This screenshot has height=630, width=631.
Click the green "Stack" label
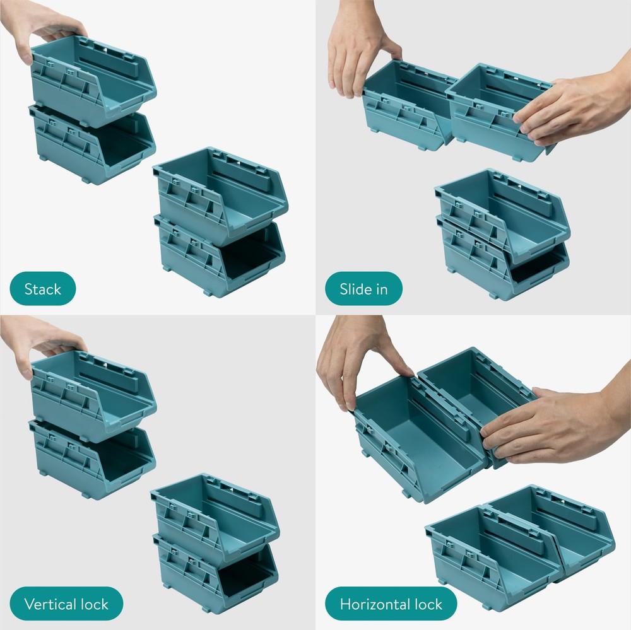(x=43, y=289)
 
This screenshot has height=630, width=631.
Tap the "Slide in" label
(x=363, y=289)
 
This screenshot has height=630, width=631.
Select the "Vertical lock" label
(x=66, y=604)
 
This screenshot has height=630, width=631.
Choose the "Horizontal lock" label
(x=391, y=604)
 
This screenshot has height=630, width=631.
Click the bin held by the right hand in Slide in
(x=492, y=114)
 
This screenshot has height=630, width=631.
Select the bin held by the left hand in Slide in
(x=404, y=107)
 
